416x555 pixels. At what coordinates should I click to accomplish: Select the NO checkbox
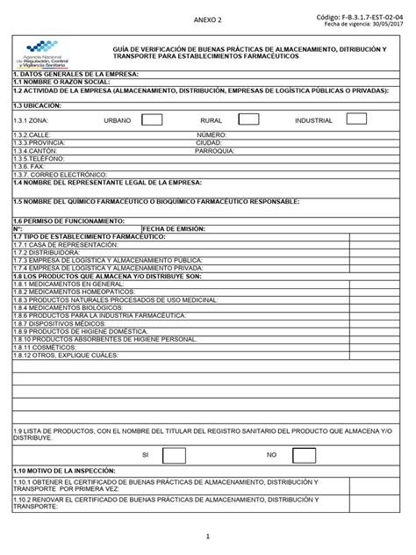click(305, 454)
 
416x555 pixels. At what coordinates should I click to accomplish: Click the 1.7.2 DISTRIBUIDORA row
click(43, 251)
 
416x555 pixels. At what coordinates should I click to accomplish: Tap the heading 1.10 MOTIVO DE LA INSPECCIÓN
click(69, 472)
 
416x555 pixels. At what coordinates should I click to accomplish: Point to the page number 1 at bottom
click(208, 535)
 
